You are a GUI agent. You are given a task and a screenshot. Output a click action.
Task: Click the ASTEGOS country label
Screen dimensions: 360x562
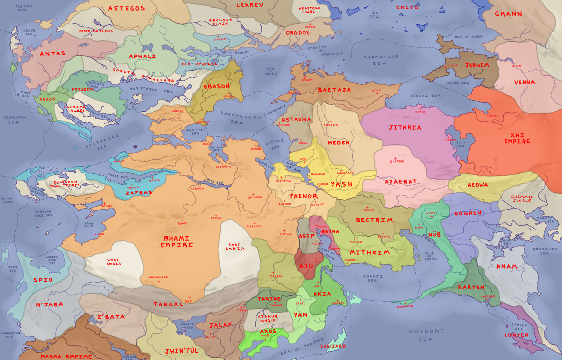[126, 8]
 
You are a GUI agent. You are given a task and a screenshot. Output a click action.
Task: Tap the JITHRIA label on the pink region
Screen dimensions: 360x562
[405, 128]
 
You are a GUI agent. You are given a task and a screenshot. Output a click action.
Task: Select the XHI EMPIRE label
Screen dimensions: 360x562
[517, 138]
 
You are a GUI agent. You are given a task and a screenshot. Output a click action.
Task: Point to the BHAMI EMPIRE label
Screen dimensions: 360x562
[177, 242]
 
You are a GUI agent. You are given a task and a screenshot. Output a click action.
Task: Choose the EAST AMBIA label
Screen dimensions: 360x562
[235, 246]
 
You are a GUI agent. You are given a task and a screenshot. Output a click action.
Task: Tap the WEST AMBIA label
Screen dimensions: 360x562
[113, 262]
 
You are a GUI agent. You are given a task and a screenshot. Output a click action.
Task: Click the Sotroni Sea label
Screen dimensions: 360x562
[426, 335]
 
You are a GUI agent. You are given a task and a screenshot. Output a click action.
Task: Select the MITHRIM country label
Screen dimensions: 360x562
[370, 252]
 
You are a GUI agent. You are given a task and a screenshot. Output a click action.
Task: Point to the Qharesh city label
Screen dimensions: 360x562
[397, 161]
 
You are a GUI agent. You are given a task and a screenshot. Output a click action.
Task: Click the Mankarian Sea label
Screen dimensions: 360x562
[381, 60]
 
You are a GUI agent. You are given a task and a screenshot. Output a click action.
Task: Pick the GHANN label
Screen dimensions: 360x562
[508, 14]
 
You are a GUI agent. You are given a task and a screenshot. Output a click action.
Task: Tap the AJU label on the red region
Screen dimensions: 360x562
[306, 266]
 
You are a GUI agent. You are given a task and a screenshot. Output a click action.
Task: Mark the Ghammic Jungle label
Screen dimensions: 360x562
[522, 199]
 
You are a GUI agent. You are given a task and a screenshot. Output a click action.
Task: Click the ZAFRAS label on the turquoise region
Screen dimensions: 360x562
[139, 193]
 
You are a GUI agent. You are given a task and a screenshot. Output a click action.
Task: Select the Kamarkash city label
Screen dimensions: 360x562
[158, 277]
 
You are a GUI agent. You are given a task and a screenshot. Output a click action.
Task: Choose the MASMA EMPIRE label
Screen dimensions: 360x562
[66, 356]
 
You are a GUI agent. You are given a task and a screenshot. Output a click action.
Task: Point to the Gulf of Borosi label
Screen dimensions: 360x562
[431, 256]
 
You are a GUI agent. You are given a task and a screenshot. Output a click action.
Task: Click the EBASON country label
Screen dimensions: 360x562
[217, 86]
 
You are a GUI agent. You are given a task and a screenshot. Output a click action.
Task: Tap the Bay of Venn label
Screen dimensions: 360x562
[468, 37]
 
